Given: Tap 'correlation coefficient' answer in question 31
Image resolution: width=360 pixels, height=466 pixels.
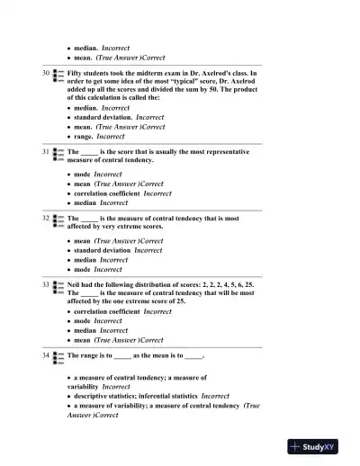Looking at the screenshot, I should pyautogui.click(x=107, y=193).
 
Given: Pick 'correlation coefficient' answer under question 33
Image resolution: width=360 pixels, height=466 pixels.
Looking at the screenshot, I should pyautogui.click(x=107, y=311).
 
